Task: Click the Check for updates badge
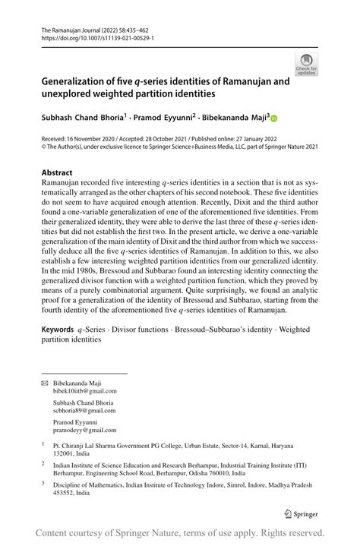click(306, 64)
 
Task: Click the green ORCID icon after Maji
click(275, 118)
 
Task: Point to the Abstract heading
click(57, 172)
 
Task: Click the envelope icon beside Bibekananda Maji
click(44, 383)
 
